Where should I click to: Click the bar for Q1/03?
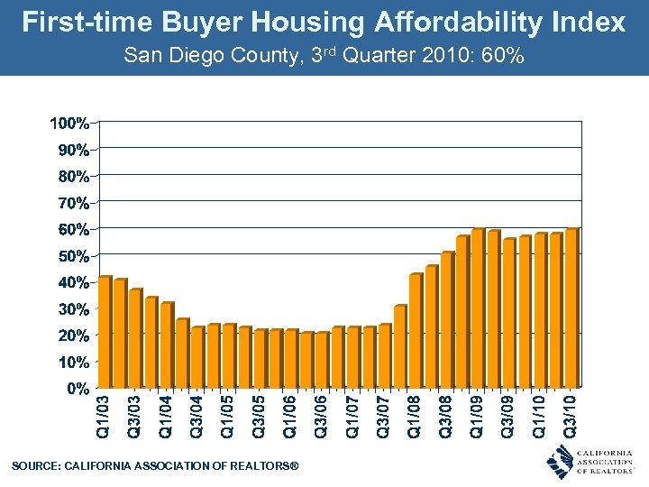pos(104,332)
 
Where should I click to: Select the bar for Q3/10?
pos(571,308)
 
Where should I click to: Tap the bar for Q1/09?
pos(478,308)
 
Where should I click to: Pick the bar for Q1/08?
pos(415,331)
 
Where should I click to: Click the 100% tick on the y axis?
pos(69,122)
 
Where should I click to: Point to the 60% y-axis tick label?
pos(72,229)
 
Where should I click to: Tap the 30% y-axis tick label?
pos(72,308)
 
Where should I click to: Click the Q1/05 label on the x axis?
pos(228,416)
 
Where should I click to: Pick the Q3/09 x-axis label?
pos(508,416)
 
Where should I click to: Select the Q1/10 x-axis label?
pos(539,416)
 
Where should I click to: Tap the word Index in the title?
pos(590,22)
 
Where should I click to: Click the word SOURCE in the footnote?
pos(34,465)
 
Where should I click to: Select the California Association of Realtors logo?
pos(590,462)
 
